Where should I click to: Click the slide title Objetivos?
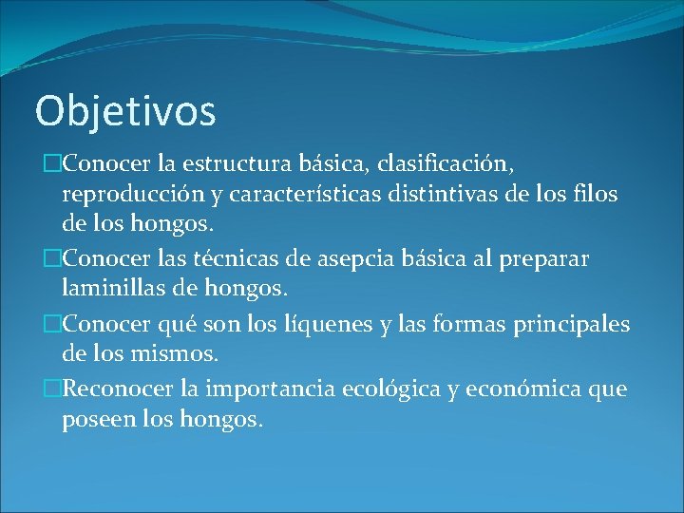[x=125, y=111]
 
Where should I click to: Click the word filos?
[x=595, y=195]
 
